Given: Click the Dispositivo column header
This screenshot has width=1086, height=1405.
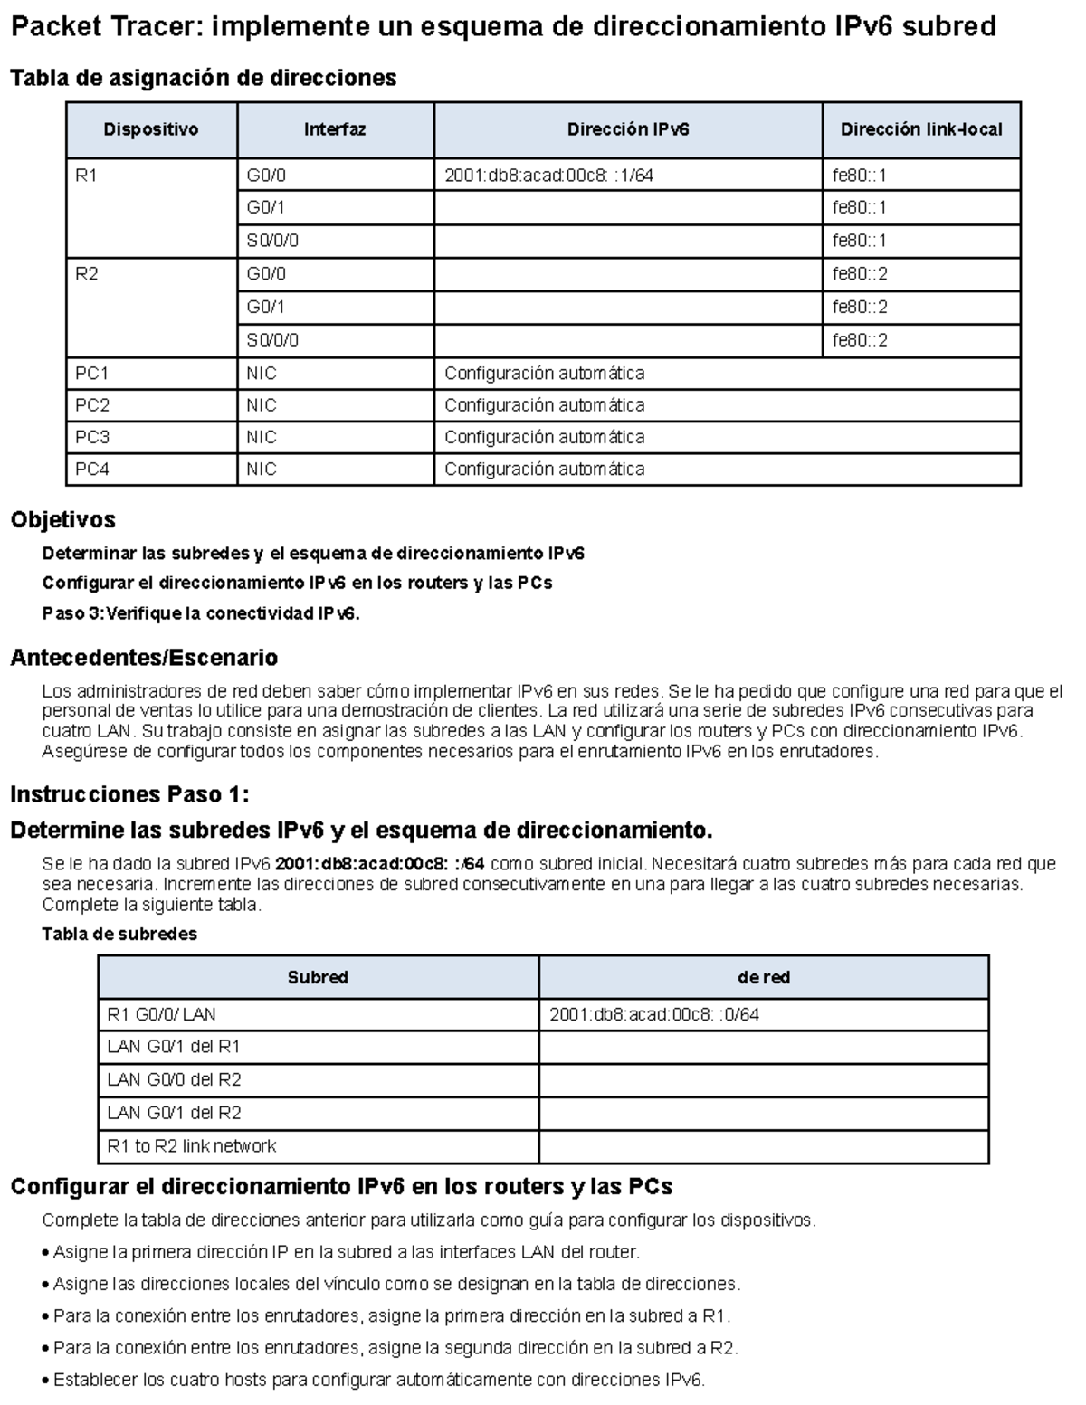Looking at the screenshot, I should coord(150,130).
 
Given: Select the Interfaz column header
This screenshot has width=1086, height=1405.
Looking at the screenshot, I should coord(335,130).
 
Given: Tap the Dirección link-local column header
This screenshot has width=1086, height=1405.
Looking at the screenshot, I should coord(920,130).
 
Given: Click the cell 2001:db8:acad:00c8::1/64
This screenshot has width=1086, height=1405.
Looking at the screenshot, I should coord(548,176).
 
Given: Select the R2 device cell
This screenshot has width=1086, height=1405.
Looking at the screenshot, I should coord(87,274).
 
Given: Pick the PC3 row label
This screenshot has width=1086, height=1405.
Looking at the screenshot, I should coord(92,437).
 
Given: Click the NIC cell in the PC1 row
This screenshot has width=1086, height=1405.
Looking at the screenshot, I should coord(262,374).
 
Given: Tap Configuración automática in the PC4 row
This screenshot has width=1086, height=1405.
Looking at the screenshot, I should coord(544,470).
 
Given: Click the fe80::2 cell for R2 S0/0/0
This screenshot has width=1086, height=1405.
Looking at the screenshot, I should coord(860,341).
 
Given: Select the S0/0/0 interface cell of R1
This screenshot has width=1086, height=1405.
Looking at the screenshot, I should coord(272,241).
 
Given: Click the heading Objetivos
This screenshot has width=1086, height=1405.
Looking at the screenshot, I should coord(62,520).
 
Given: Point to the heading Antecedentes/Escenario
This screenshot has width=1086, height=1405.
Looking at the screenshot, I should coord(143,658).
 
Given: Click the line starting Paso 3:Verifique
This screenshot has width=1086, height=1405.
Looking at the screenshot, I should coord(201,613).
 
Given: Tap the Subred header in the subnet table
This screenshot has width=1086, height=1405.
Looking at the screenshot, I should coord(318,978).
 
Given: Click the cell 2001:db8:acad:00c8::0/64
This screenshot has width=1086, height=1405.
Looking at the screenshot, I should coord(654,1015).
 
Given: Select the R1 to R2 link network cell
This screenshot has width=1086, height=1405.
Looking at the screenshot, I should coord(192,1146).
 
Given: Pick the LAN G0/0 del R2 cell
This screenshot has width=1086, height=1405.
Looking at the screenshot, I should coord(174,1080).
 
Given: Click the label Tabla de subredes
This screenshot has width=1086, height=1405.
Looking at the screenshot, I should coord(119,934).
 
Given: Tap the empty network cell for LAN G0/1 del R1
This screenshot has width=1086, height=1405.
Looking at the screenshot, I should coord(763,1048).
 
